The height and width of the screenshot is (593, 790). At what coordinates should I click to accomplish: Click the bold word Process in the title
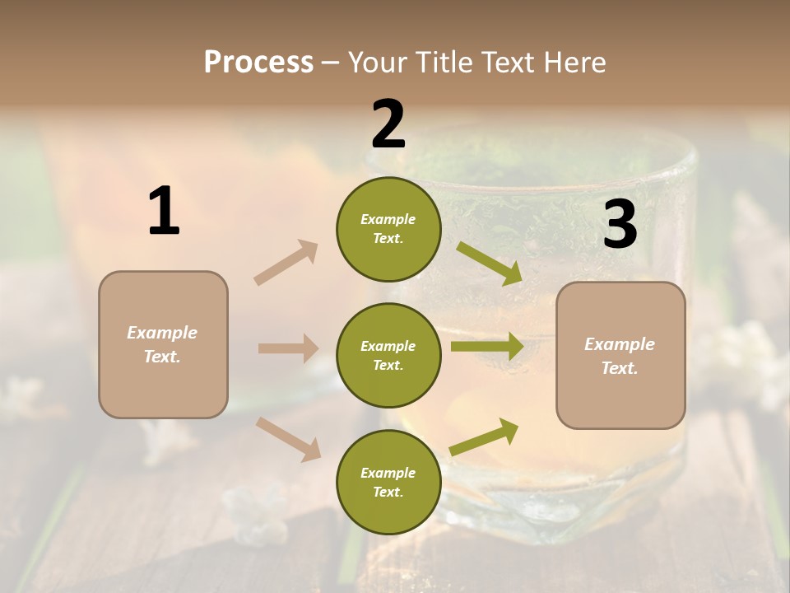point(258,62)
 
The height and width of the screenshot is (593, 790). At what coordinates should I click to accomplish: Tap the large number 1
point(164,212)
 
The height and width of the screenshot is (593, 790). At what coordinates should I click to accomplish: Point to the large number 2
point(388,124)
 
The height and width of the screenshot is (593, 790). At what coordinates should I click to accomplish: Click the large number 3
point(620,224)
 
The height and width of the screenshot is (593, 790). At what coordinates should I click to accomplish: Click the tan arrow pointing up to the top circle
point(286,263)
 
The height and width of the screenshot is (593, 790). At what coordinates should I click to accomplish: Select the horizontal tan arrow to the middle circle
point(288,348)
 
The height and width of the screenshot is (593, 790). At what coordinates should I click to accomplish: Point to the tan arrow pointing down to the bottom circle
point(289,438)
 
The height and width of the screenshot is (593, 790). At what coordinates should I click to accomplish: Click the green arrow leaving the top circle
point(489,263)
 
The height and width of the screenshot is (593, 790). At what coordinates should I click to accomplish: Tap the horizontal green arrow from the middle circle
point(487,347)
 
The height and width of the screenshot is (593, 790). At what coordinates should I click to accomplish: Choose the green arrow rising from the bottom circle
point(485,437)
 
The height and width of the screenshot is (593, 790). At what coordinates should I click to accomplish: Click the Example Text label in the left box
point(162,344)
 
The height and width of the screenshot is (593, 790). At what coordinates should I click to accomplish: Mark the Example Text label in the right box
point(620,356)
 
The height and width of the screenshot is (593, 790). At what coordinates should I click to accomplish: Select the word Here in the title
point(574,62)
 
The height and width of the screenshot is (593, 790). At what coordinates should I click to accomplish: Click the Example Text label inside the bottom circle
point(388,482)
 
